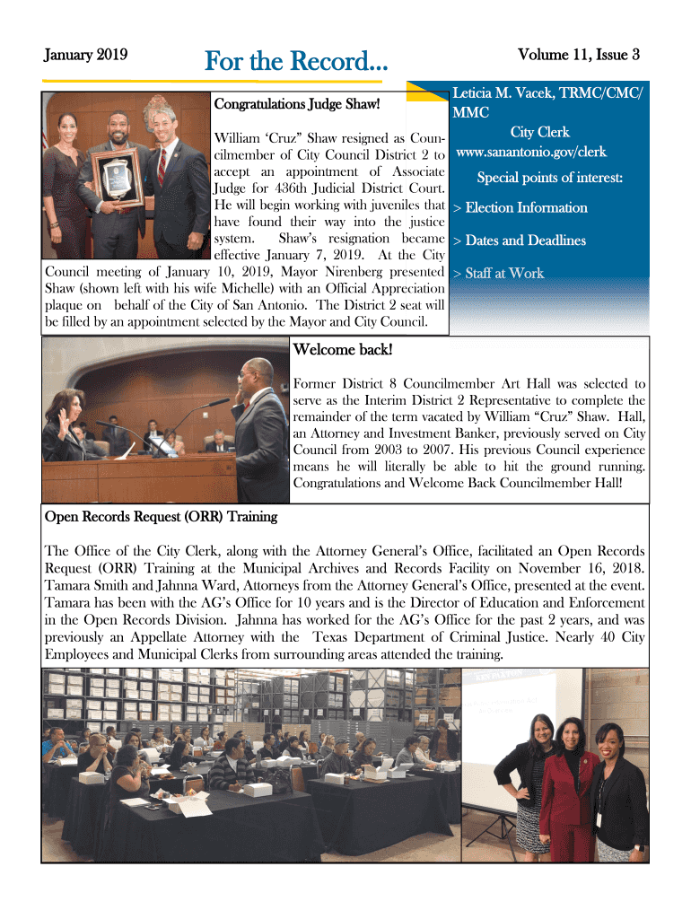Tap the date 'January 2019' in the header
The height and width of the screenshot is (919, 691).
click(x=86, y=55)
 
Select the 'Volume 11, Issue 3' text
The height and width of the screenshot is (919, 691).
click(x=579, y=55)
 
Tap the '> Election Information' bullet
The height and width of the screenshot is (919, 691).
click(x=520, y=208)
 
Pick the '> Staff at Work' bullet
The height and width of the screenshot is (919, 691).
click(x=498, y=273)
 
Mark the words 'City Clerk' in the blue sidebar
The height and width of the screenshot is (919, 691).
click(x=540, y=133)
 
